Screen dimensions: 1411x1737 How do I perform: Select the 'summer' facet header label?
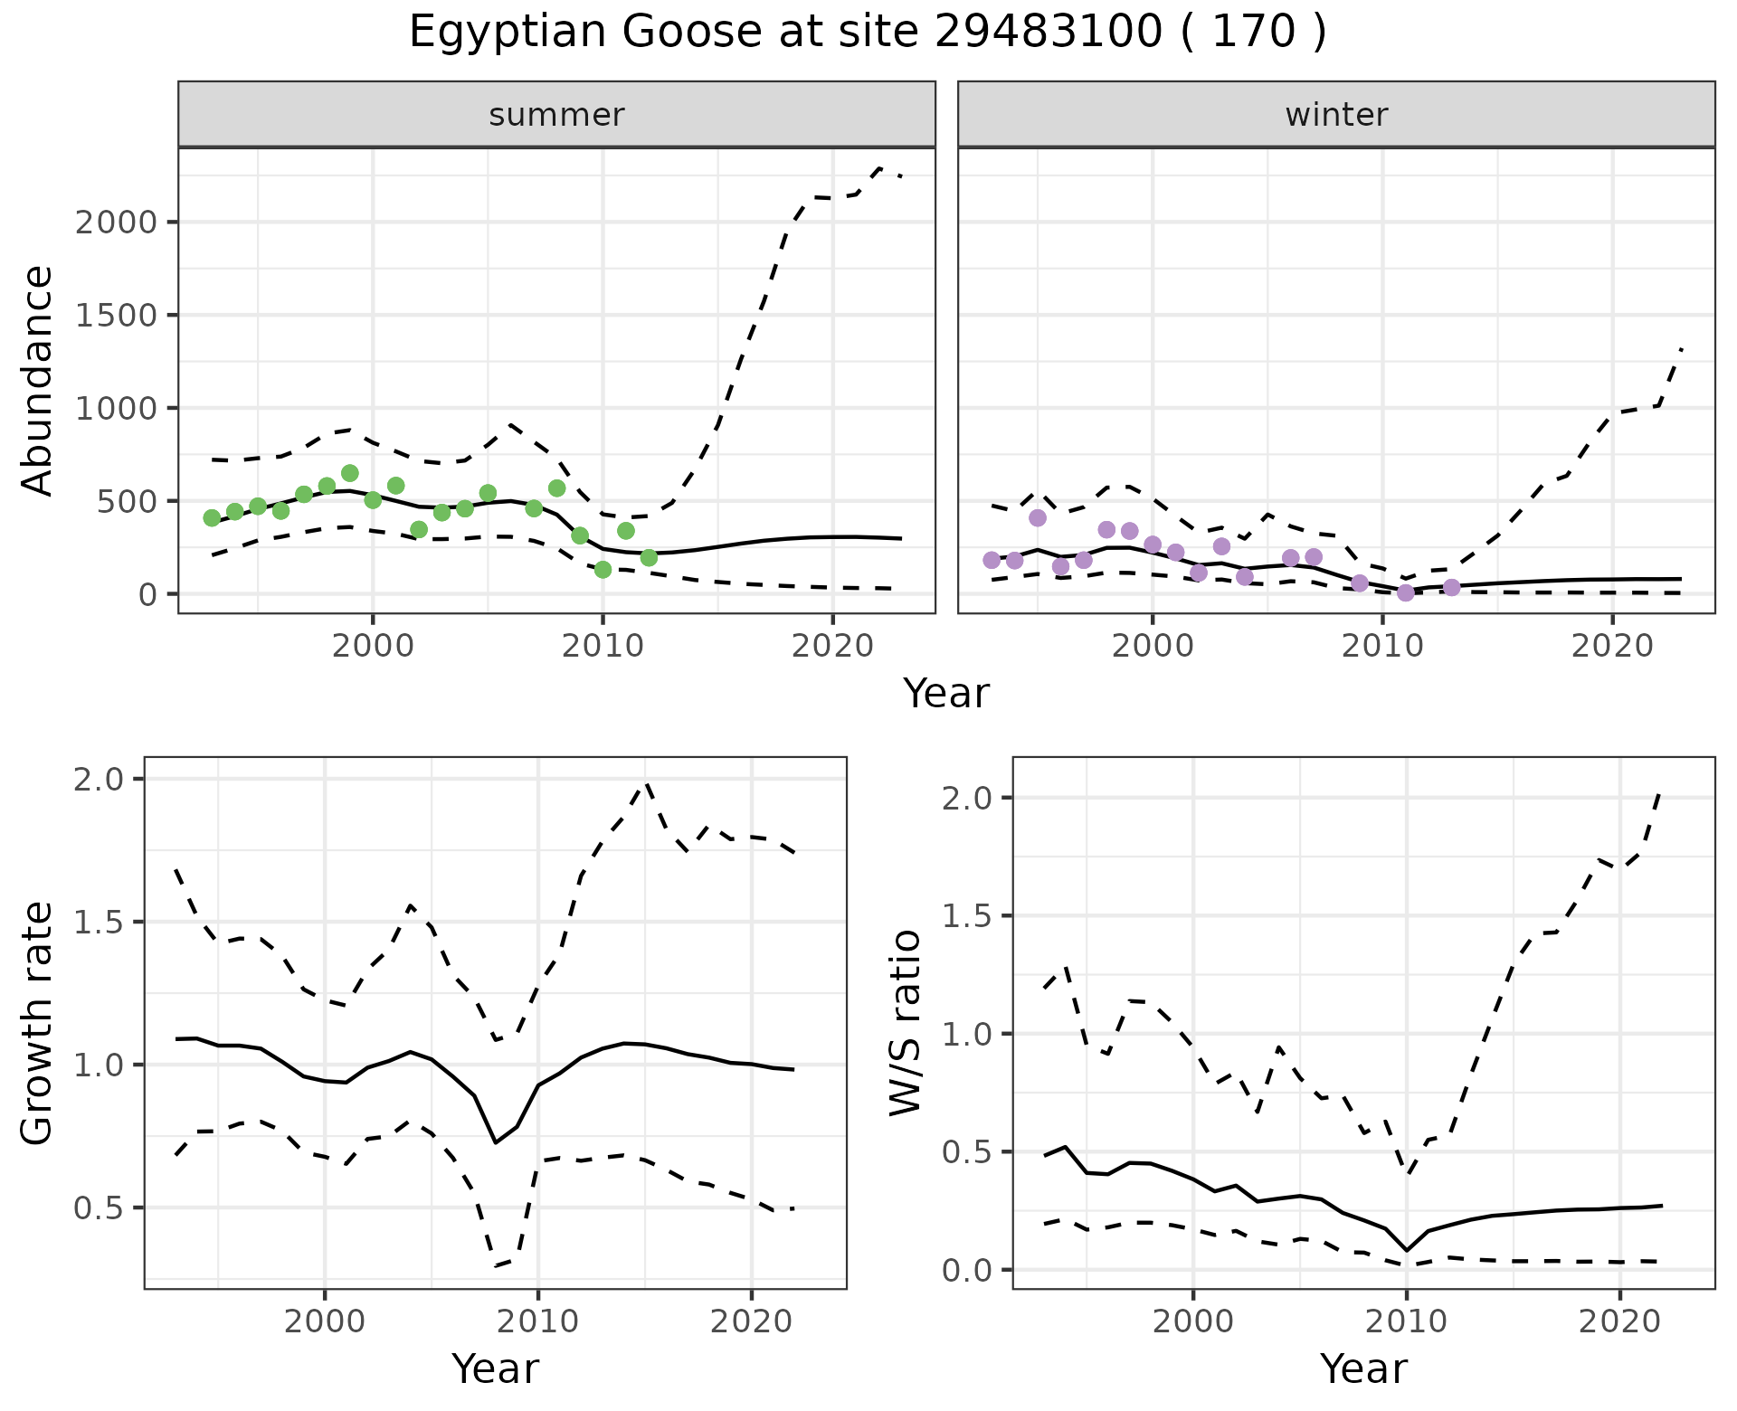pos(556,115)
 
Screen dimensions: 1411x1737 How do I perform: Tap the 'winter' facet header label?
pos(1336,115)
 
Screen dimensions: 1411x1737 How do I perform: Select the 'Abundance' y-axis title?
pos(38,380)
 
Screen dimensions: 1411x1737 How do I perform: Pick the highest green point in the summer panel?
pos(350,473)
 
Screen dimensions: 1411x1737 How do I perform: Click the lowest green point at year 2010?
pos(603,570)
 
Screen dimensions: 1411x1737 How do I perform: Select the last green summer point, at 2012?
pos(649,557)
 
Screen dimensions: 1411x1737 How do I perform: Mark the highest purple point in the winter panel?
pos(1038,517)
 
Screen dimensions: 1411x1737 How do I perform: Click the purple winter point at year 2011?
pos(1405,592)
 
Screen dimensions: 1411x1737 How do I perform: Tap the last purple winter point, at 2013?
pos(1451,588)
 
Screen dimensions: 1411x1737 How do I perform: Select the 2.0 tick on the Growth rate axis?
pos(101,780)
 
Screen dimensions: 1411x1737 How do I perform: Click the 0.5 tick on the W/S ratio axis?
pos(968,1152)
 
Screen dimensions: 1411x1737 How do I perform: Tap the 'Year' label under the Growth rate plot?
pos(495,1368)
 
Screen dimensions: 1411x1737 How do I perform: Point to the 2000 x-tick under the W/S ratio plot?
pos(1193,1321)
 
